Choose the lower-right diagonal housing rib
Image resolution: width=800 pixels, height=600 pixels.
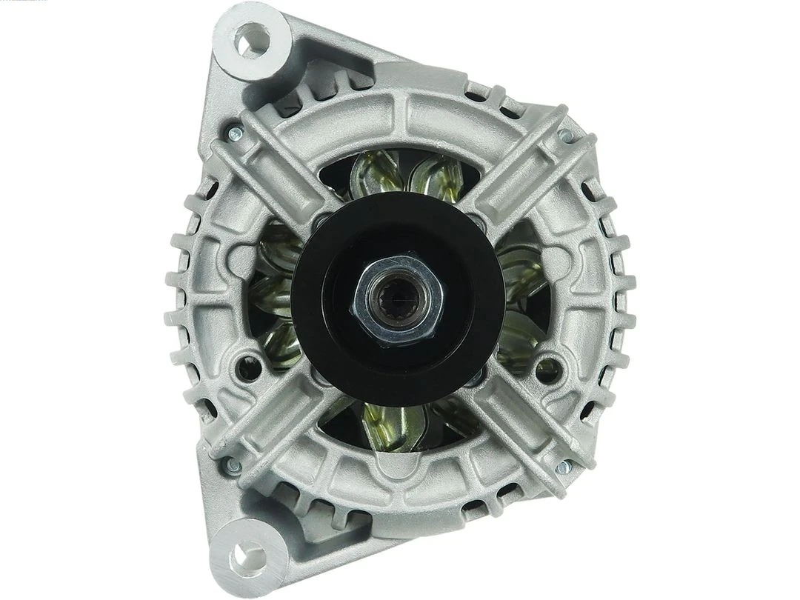[x=519, y=430]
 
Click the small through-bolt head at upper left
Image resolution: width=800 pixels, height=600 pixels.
[x=235, y=133]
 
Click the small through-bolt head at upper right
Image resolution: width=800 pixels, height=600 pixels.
[x=565, y=136]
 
